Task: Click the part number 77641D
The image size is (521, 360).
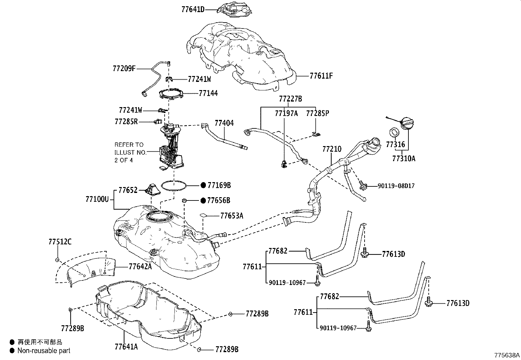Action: point(193,9)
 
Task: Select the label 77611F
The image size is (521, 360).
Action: point(321,76)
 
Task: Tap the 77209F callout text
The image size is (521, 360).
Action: point(124,69)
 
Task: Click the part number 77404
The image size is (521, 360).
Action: point(224,123)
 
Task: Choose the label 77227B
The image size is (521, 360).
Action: point(291,99)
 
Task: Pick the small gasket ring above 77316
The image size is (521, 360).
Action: point(394,132)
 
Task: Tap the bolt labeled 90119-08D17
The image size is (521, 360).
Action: point(363,185)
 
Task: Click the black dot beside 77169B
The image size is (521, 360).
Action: point(203,185)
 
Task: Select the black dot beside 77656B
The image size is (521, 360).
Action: point(203,200)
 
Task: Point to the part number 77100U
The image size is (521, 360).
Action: point(97,199)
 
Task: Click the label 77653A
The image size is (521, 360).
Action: point(232,216)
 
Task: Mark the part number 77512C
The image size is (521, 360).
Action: point(60,242)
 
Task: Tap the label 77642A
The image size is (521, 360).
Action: point(140,266)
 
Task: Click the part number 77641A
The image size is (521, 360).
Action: point(126,347)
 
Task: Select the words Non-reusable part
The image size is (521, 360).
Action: point(44,351)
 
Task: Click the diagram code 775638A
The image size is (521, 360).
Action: point(507,355)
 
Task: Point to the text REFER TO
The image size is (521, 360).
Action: point(129,145)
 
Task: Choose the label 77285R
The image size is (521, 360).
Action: point(126,122)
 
